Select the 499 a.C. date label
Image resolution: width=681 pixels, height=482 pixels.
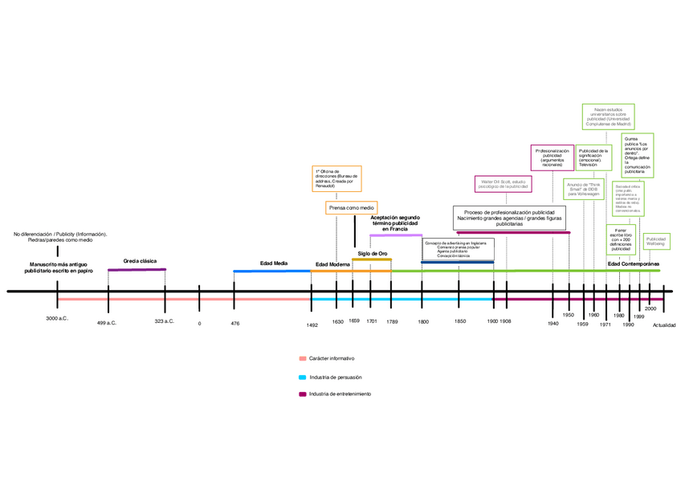click(107, 322)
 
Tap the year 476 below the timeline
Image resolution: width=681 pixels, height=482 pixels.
click(234, 323)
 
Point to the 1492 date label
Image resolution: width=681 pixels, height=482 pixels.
click(312, 325)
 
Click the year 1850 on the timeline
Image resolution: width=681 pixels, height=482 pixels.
click(459, 321)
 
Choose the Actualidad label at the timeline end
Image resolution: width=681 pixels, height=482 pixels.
click(664, 325)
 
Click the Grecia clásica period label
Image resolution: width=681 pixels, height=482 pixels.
click(140, 261)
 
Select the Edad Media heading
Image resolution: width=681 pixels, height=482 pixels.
click(274, 263)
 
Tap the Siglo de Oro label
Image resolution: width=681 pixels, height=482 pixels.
click(373, 253)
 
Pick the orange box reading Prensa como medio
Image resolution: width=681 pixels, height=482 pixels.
click(350, 208)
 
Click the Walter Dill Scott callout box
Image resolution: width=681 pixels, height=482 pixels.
click(502, 184)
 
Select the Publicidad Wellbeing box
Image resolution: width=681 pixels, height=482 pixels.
click(656, 242)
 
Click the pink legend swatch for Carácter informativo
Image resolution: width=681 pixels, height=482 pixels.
click(302, 358)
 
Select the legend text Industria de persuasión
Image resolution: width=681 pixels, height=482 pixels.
click(336, 376)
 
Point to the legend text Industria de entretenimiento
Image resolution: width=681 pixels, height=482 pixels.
click(340, 394)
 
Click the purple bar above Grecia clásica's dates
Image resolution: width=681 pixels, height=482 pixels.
click(137, 270)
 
